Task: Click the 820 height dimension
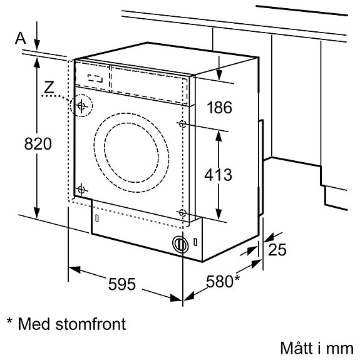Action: tap(38, 144)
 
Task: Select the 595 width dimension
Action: tap(121, 284)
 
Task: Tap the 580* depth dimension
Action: tap(223, 281)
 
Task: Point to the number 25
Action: tap(277, 250)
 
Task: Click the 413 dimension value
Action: tap(218, 175)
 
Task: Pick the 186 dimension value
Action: tap(219, 107)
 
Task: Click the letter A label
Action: tap(20, 38)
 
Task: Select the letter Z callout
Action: tap(49, 87)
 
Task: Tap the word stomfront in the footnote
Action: tap(91, 324)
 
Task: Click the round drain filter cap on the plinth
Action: tap(180, 245)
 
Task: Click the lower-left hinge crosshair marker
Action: tap(81, 190)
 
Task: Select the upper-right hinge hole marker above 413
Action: tap(183, 124)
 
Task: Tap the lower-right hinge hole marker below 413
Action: tap(182, 213)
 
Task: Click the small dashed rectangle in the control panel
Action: tap(95, 78)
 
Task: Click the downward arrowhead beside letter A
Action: tap(37, 44)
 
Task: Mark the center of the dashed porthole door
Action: tap(131, 153)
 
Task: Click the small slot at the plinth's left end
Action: tap(97, 219)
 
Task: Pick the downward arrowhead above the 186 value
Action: tap(219, 75)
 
